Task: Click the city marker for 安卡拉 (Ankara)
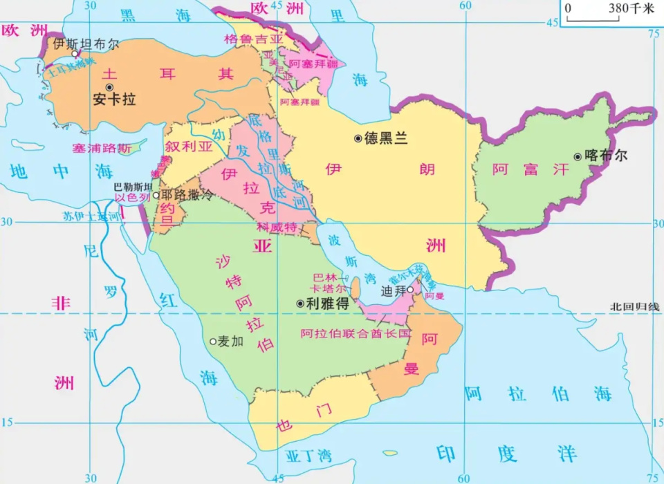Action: (x=109, y=87)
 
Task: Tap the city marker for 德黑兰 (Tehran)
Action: (x=358, y=138)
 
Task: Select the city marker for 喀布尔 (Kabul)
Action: (x=578, y=156)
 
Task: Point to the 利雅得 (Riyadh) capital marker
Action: (x=299, y=303)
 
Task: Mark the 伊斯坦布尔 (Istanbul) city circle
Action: (x=75, y=53)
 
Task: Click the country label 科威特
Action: (x=277, y=227)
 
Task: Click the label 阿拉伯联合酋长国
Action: (x=356, y=333)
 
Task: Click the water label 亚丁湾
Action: (x=308, y=456)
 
